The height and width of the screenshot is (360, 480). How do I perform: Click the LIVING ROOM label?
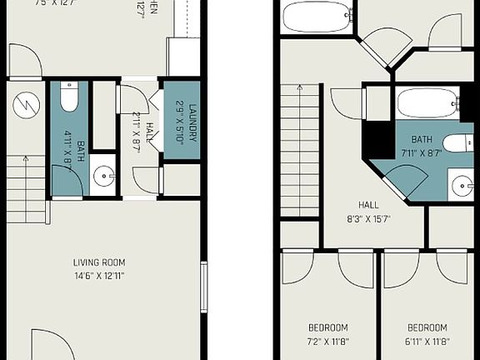pos(98,262)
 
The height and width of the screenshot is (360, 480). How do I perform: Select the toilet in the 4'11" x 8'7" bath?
pos(69,97)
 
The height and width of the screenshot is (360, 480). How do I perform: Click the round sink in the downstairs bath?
pos(103,175)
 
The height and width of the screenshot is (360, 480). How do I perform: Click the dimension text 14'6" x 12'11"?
pos(98,275)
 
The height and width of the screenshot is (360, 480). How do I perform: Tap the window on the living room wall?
pos(203,287)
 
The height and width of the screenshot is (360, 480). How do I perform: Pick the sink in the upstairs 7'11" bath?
pos(462,185)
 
